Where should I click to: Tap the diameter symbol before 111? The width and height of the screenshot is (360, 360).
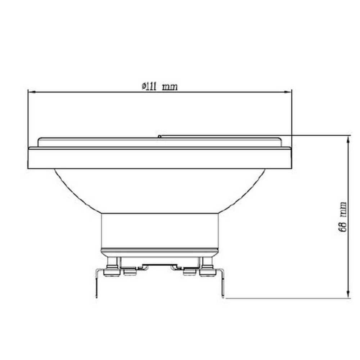tap(143, 86)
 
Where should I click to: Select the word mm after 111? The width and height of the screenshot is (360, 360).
tap(170, 87)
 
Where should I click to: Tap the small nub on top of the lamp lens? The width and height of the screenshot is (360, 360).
tap(159, 136)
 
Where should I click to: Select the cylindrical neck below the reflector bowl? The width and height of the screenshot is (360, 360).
tap(160, 230)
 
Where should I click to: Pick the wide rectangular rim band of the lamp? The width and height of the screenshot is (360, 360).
tap(160, 158)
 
